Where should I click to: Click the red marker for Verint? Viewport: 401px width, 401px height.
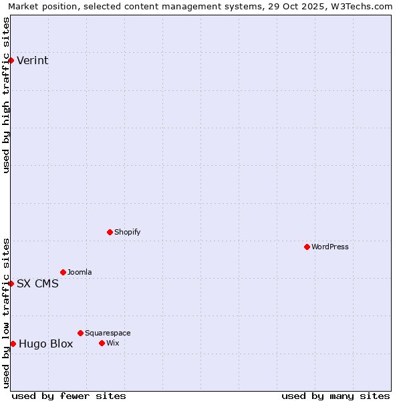coord(11,60)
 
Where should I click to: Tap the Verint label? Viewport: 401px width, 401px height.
coord(32,61)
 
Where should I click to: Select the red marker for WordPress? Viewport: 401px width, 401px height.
coord(307,247)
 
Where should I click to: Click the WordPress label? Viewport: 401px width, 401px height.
coord(330,247)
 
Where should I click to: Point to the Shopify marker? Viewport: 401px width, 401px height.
coord(110,232)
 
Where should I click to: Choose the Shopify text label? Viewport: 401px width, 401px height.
coord(127,232)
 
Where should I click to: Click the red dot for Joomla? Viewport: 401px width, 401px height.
coord(63,272)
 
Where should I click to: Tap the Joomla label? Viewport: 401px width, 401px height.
coord(80,272)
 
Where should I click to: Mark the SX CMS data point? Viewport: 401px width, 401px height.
coord(11,283)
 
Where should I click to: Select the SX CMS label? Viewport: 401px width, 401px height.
coord(37,283)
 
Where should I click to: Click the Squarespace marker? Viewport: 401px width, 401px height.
coord(80,333)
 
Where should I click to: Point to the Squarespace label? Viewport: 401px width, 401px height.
coord(108,333)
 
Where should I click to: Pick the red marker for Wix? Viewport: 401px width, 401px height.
coord(102,343)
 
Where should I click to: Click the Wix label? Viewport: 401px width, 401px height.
coord(113,343)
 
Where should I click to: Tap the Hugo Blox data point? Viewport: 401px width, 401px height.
coord(13,344)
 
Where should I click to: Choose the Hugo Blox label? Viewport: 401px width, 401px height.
coord(45,344)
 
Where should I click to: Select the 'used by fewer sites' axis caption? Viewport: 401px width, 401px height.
coord(69,396)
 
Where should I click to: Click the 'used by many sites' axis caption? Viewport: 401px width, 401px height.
coord(336,396)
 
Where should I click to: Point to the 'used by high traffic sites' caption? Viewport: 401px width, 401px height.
coord(6,95)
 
